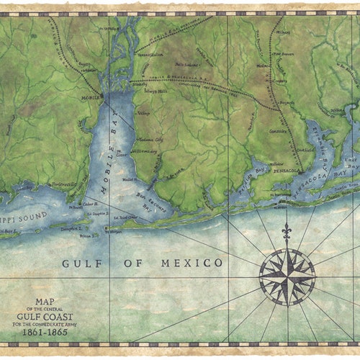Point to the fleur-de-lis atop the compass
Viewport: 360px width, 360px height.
pyautogui.click(x=287, y=233)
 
